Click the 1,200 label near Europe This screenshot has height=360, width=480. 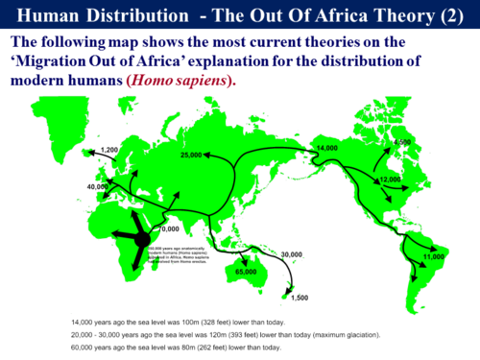tap(108, 151)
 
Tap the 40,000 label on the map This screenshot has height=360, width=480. tap(98, 186)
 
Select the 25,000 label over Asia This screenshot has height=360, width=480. tap(193, 155)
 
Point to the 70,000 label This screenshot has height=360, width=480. tap(169, 229)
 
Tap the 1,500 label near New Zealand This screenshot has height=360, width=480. tap(300, 298)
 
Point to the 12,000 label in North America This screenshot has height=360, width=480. tap(390, 180)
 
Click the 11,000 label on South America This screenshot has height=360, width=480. tap(433, 256)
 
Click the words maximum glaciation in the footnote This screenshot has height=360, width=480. tap(343, 333)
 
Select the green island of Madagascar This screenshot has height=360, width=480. tap(180, 264)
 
